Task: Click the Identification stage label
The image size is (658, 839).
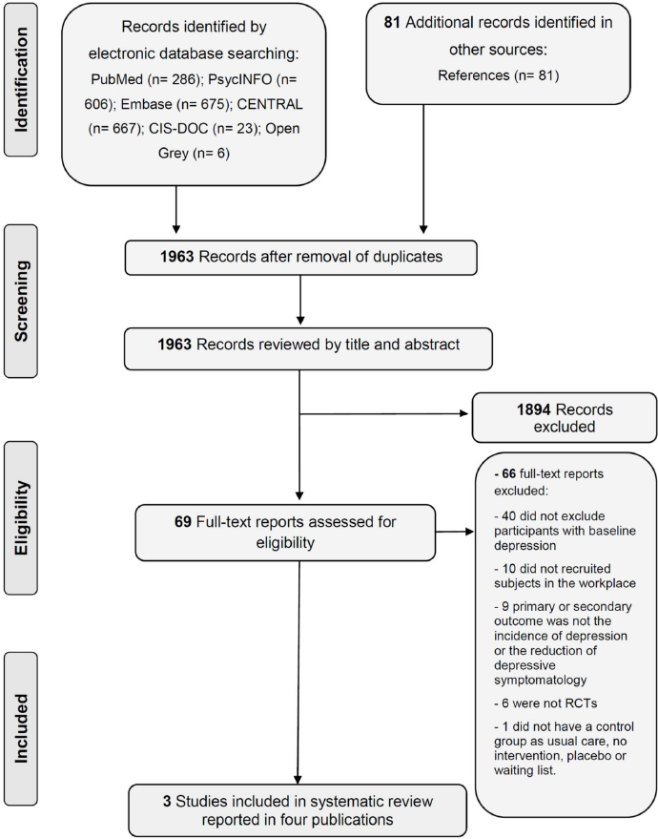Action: coord(21,80)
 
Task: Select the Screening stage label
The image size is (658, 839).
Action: coord(21,302)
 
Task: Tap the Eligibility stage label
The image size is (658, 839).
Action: coord(21,518)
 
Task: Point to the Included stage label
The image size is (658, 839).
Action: coord(21,728)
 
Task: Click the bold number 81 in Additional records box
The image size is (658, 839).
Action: coord(392,23)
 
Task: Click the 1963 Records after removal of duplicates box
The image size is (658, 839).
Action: coord(301,258)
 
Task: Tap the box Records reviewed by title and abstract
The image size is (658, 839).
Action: coord(308,349)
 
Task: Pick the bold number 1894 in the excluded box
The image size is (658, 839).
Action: coord(533,409)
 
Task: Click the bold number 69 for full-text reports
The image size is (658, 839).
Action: coord(183,521)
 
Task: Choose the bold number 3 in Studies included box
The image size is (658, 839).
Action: coord(167,802)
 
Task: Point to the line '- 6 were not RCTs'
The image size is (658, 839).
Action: coord(545,703)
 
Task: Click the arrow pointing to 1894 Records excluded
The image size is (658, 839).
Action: coord(383,413)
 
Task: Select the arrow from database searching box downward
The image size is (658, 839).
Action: coord(175,210)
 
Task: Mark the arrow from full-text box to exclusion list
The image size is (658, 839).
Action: coord(455,532)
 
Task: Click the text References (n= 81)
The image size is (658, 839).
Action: coord(499,75)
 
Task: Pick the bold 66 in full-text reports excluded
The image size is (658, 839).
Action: coord(509,474)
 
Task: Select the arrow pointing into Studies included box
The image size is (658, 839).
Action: coord(298,673)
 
